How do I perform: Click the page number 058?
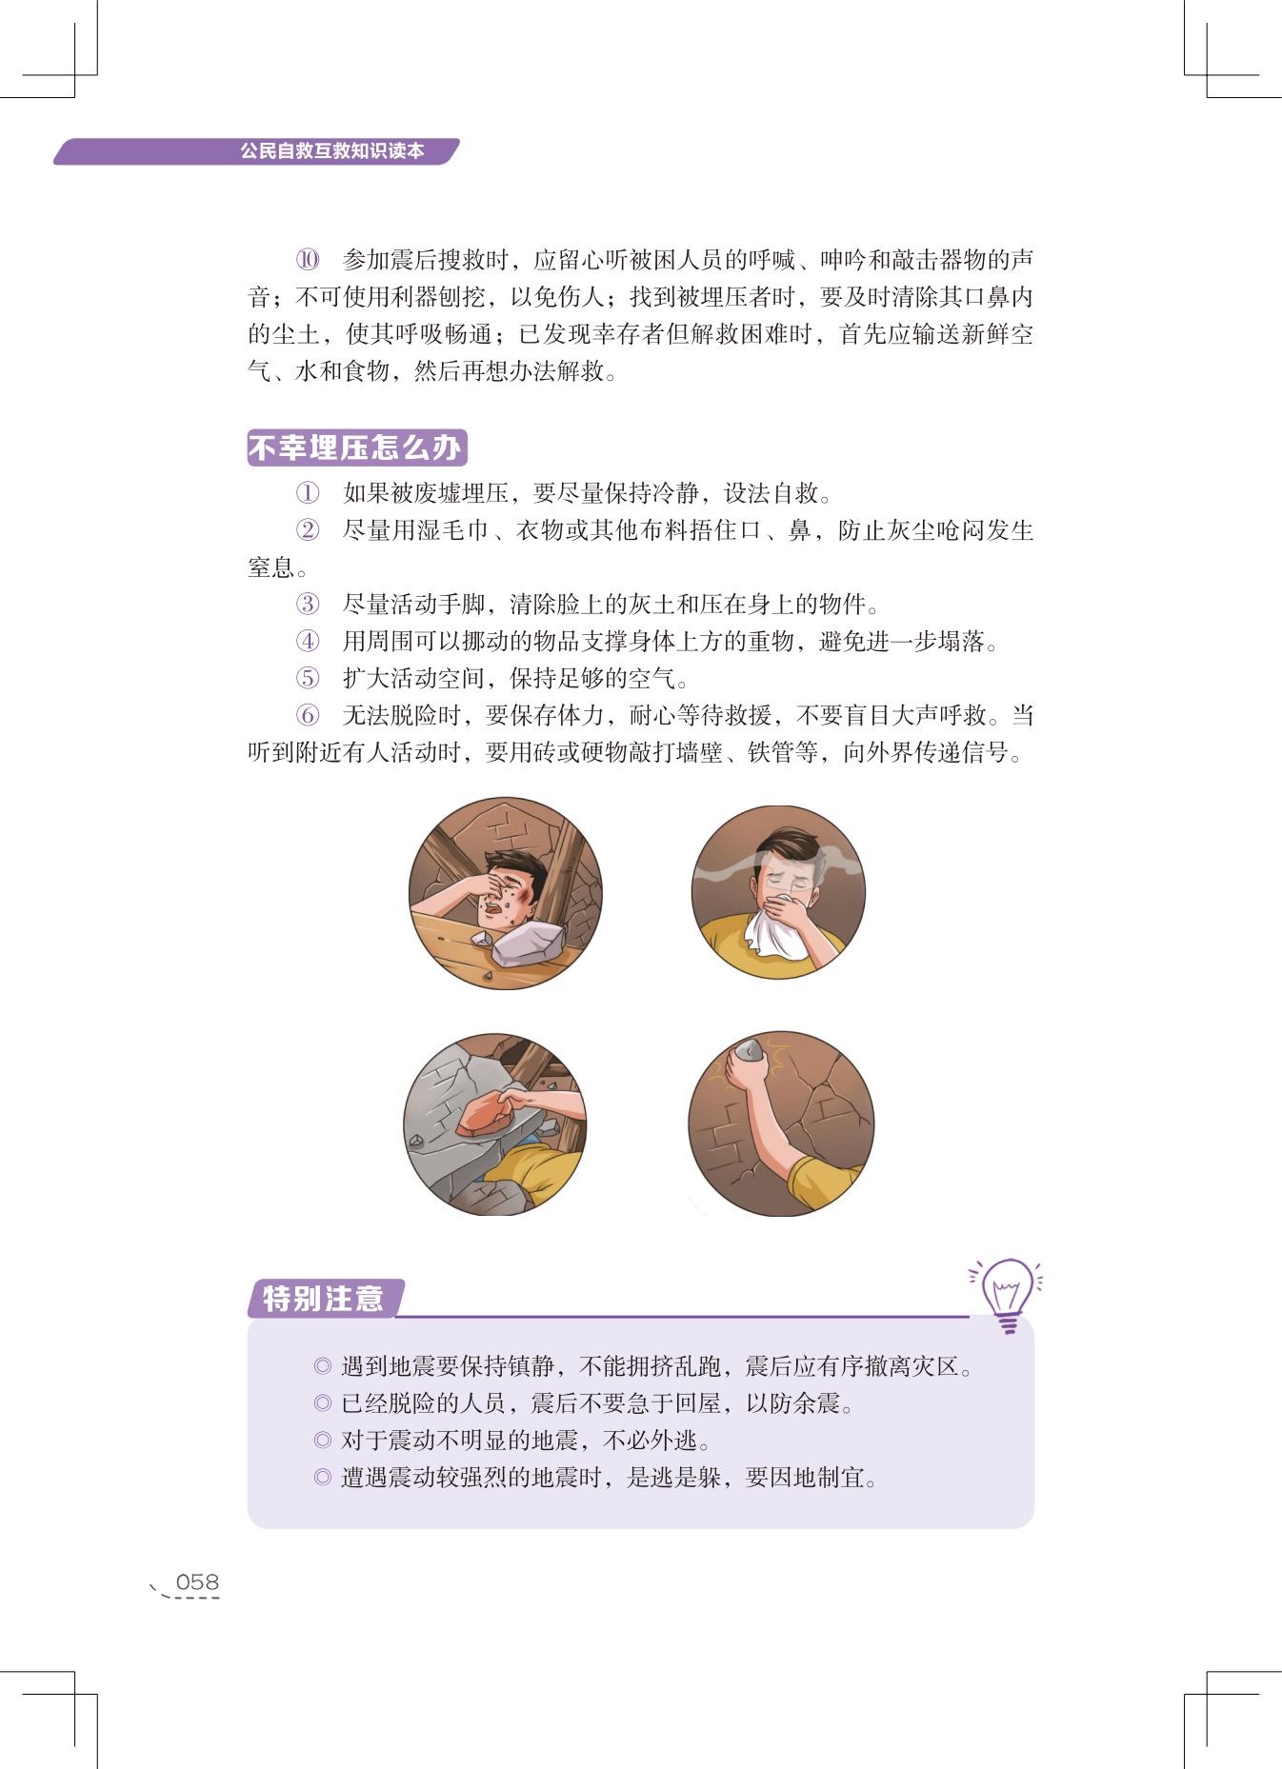[197, 1582]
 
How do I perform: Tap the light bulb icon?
[1007, 1294]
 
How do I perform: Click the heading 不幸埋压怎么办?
[356, 447]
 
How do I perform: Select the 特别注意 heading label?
[323, 1298]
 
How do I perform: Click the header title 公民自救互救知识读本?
[331, 150]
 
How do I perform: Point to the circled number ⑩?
[308, 260]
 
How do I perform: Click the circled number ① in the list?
[307, 493]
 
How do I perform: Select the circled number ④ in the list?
[307, 641]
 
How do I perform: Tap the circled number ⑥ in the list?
[307, 715]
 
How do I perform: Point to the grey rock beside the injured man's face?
[528, 943]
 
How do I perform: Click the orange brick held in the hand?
[489, 1115]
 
